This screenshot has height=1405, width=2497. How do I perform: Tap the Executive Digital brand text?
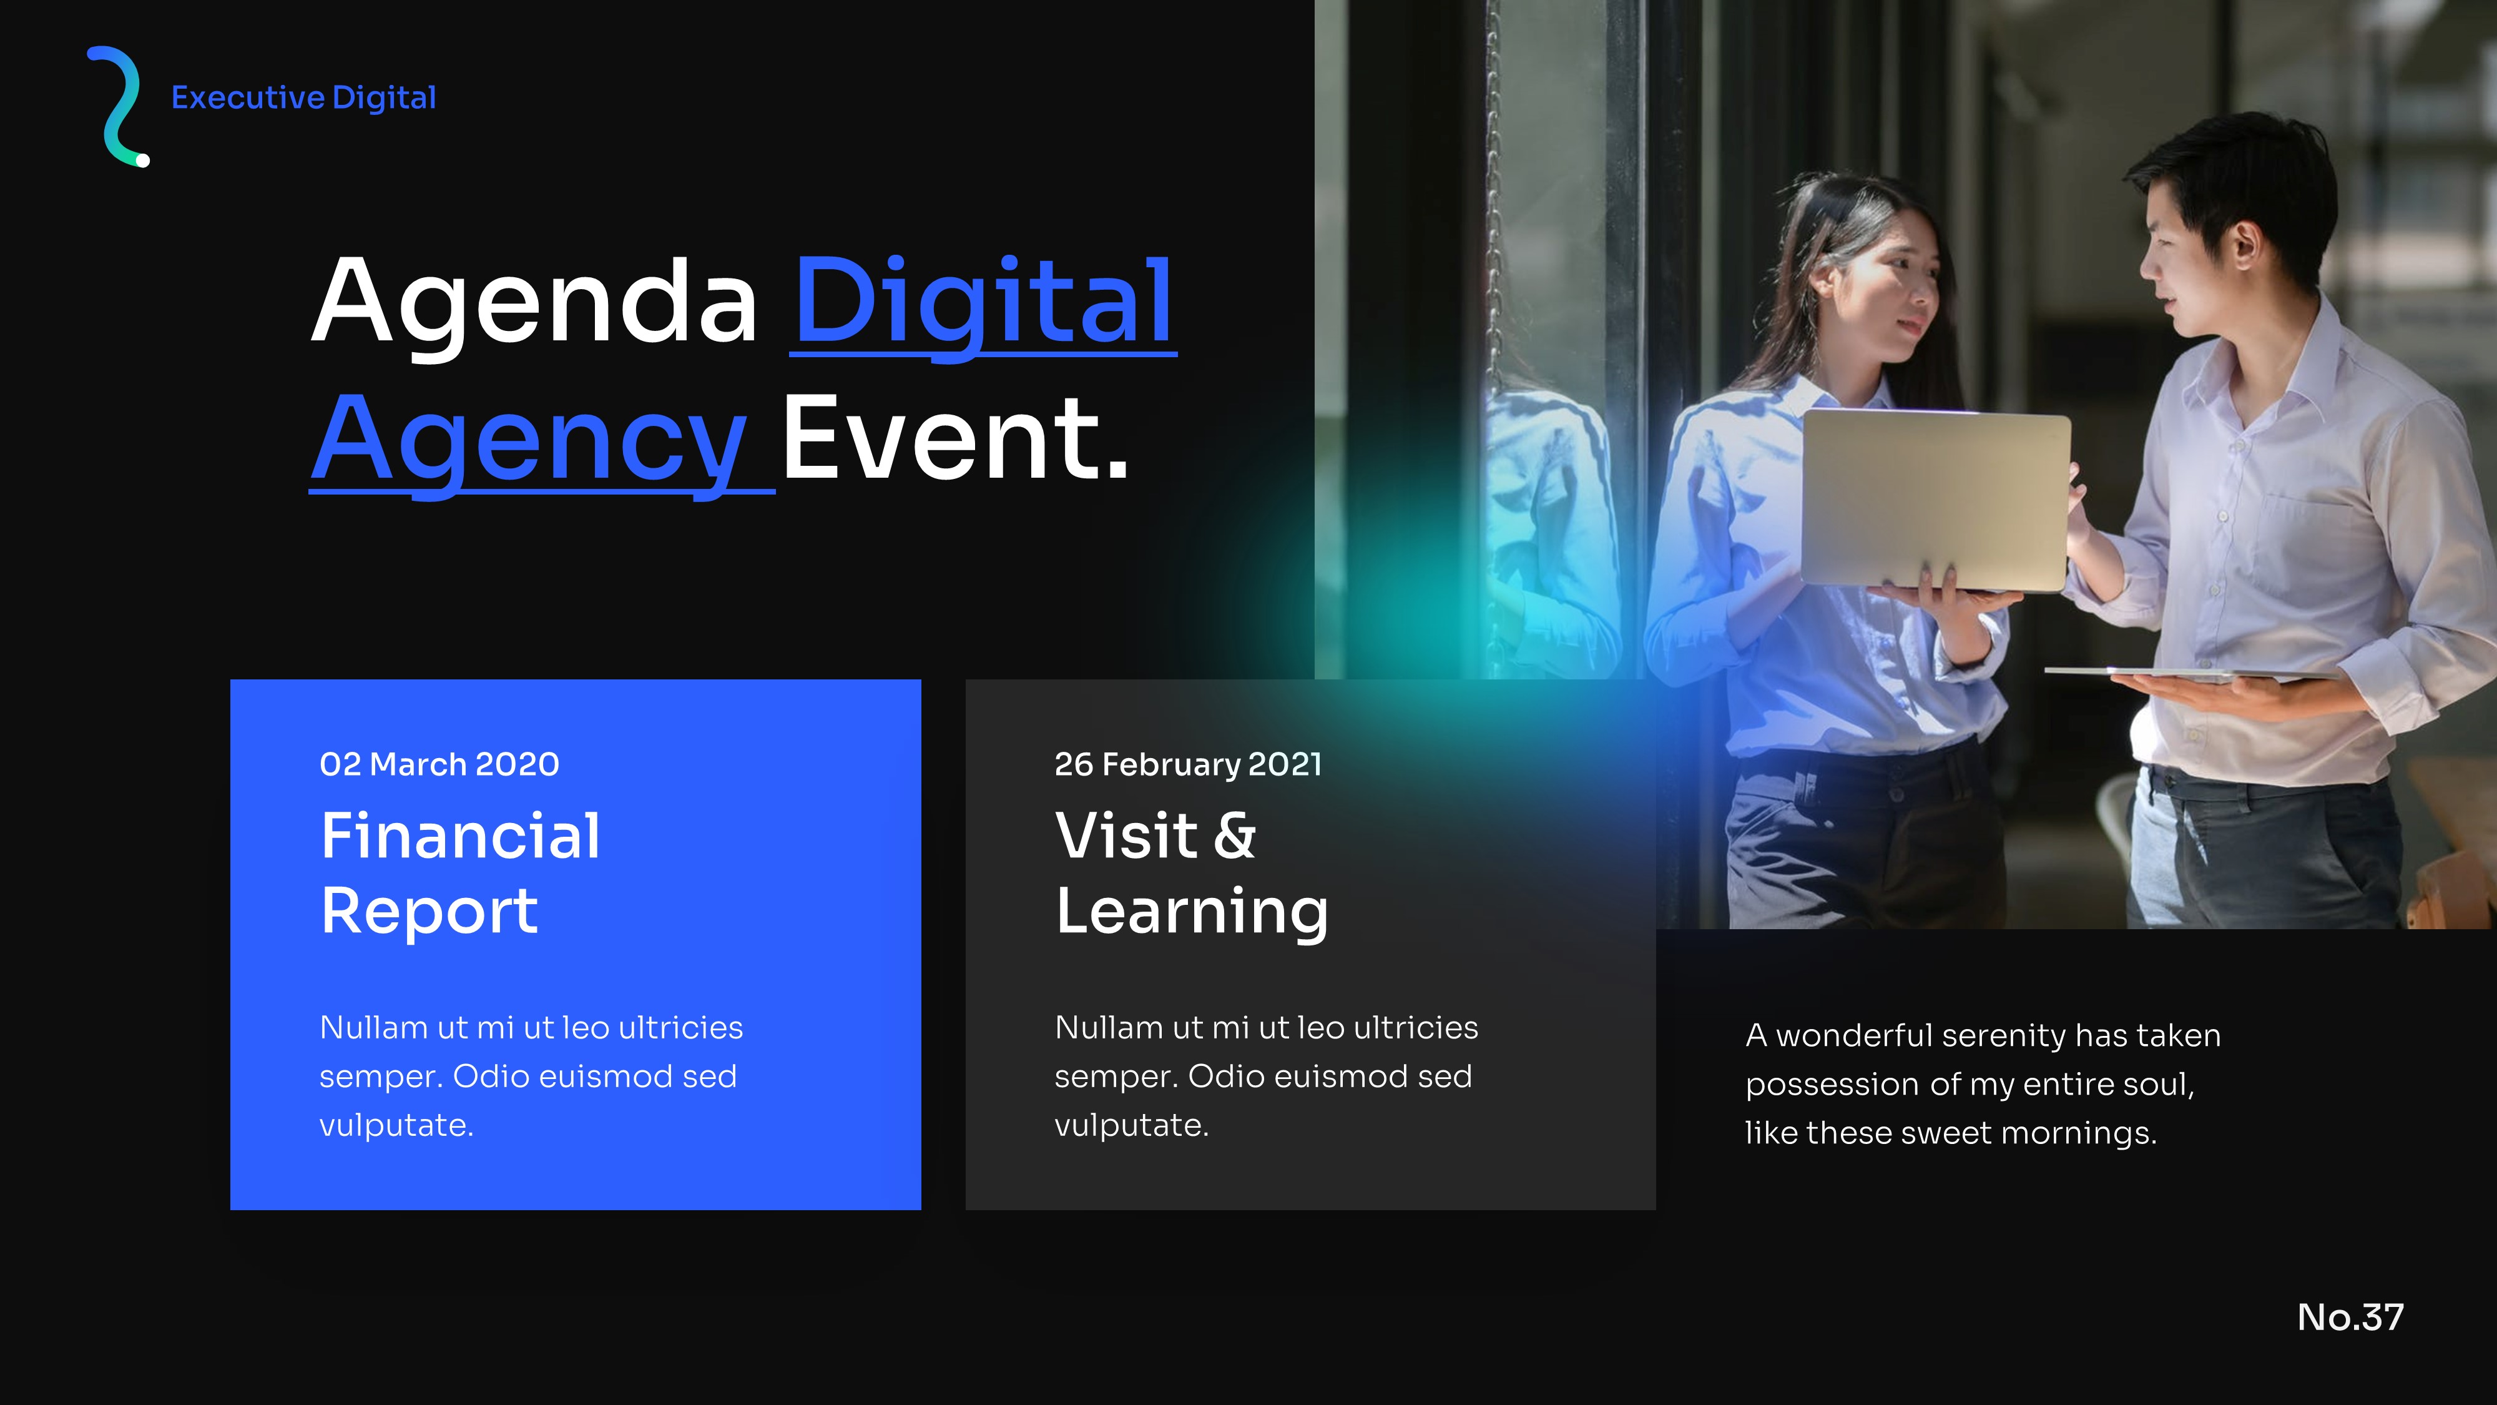coord(303,98)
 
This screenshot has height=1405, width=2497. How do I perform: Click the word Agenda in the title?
coord(534,302)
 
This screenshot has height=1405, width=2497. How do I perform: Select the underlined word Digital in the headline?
coord(983,302)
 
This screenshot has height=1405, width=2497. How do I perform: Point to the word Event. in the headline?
coord(956,439)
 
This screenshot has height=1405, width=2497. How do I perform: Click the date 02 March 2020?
coord(439,765)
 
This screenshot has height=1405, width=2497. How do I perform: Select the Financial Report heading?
coord(461,873)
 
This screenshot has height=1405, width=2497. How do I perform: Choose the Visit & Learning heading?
coord(1191,873)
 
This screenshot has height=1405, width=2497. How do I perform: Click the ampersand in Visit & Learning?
coord(1234,836)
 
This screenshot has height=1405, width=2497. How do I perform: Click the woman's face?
coord(1895,291)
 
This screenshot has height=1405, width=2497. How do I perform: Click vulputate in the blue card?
coord(396,1126)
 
